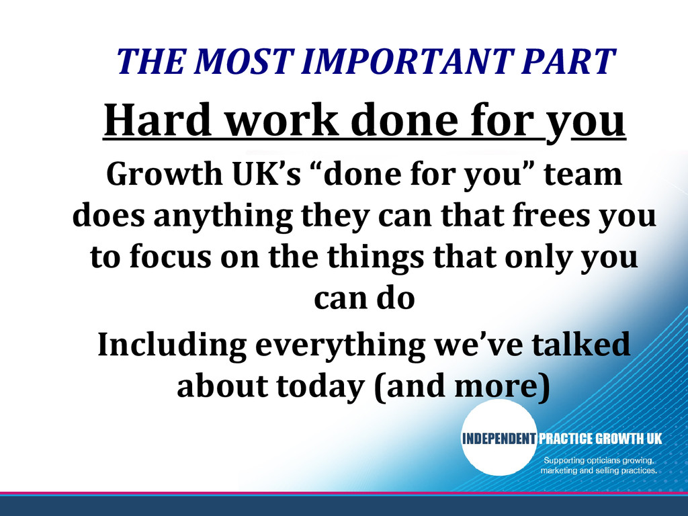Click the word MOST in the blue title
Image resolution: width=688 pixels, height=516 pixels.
243,60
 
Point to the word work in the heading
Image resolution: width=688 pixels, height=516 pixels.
283,120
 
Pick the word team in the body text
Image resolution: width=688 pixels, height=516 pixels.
583,174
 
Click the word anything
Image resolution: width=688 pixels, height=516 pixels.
223,217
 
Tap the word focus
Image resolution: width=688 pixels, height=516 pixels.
170,257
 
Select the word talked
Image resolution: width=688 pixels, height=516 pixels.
581,343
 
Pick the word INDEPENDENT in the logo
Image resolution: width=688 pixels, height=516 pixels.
499,438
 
